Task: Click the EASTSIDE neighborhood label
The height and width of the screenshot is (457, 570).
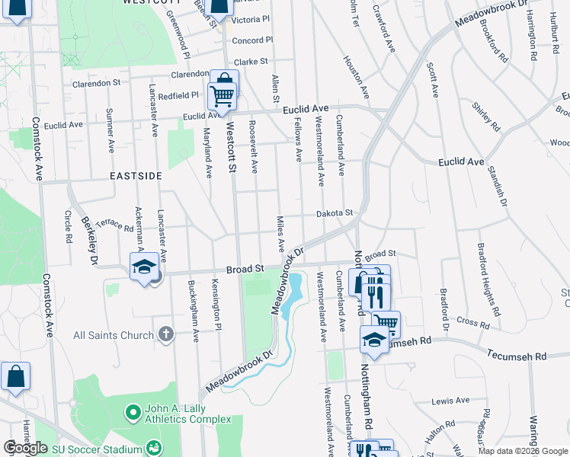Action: pos(136,176)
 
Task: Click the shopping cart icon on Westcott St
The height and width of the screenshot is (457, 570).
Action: pos(223,94)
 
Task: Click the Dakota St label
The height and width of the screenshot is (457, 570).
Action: pos(335,214)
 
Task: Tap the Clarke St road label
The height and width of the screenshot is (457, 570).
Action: pos(251,62)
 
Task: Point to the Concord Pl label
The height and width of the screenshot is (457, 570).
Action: pos(251,40)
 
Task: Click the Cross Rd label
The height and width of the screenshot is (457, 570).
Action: pos(473,324)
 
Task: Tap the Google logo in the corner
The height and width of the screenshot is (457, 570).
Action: pos(25,448)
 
